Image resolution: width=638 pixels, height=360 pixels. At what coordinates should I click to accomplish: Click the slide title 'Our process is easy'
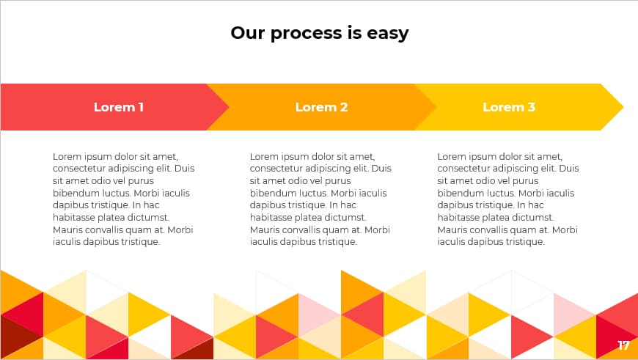(319, 33)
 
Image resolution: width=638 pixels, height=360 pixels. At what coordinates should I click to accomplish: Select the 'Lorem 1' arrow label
(119, 107)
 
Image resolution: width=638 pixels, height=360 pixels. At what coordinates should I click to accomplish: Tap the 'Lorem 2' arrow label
(321, 107)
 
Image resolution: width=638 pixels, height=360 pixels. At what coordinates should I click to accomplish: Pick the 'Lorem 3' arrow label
(509, 107)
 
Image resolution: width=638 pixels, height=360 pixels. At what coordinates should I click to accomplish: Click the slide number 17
(623, 345)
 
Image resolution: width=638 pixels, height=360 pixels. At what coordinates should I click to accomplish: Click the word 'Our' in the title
(249, 33)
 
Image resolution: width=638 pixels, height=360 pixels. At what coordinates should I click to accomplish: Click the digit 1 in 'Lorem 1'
(140, 107)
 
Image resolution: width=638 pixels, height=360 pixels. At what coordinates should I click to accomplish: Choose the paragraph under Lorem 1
(123, 199)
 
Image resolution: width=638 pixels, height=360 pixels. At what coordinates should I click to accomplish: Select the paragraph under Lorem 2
(320, 199)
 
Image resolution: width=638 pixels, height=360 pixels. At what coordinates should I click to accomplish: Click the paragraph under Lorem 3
(508, 199)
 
